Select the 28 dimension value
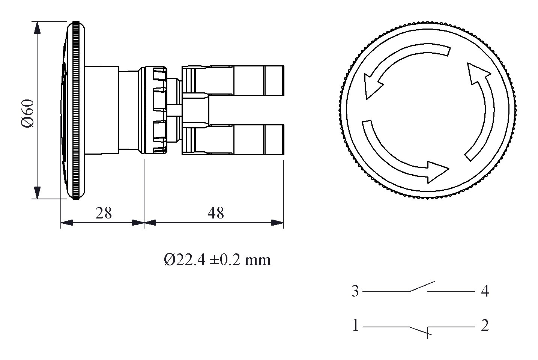(x=104, y=213)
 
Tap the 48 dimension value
(x=215, y=213)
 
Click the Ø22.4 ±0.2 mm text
(x=217, y=260)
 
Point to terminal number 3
(x=355, y=291)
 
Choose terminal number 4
(x=485, y=291)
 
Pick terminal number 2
(x=485, y=325)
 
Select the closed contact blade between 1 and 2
(x=418, y=330)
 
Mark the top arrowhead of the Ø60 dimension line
(x=37, y=28)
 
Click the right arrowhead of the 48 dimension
(x=278, y=223)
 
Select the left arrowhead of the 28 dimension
(x=67, y=223)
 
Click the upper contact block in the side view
(x=233, y=81)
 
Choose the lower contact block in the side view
(x=233, y=140)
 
